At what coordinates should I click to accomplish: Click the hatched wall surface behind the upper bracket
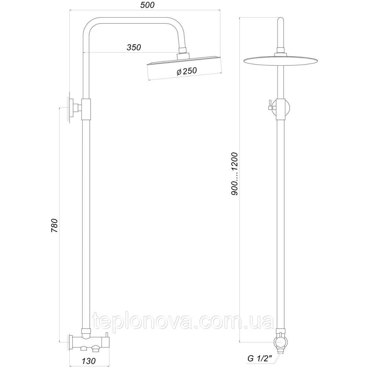[x=69, y=108]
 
